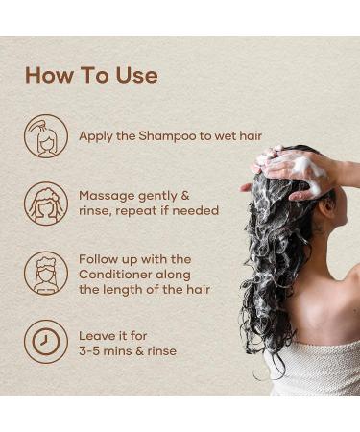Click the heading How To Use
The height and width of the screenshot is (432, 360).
point(91,75)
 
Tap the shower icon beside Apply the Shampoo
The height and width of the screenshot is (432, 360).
point(46,135)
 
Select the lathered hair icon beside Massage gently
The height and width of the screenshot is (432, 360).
point(46,204)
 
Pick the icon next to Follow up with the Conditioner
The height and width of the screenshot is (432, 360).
point(46,273)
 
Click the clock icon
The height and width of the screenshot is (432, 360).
point(46,342)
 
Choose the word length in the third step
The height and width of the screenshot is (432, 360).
point(152,289)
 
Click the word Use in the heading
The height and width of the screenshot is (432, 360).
point(134,75)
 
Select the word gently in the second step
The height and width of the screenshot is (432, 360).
point(162,195)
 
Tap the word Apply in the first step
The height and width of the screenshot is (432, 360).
point(96,135)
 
